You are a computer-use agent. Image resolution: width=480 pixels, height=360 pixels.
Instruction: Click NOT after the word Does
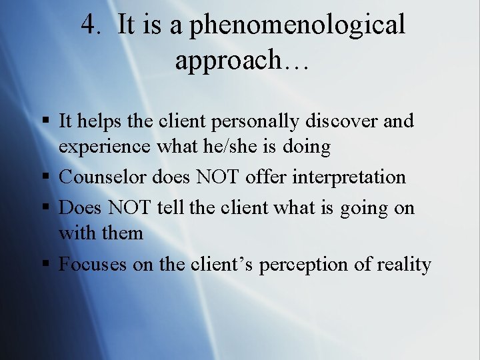[x=131, y=207]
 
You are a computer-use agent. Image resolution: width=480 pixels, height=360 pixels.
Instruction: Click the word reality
[x=404, y=265]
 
